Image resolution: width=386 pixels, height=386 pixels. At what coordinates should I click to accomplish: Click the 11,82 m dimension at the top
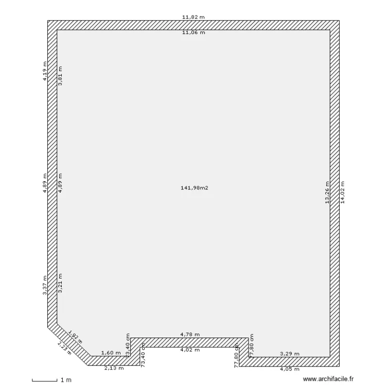pyautogui.click(x=194, y=17)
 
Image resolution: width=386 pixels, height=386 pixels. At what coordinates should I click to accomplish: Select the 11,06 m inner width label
pyautogui.click(x=194, y=32)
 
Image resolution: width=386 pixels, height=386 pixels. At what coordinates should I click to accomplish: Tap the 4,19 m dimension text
pyautogui.click(x=45, y=71)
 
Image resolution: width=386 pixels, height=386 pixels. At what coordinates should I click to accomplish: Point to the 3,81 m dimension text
pyautogui.click(x=60, y=76)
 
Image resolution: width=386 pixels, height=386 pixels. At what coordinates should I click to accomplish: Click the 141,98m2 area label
pyautogui.click(x=195, y=188)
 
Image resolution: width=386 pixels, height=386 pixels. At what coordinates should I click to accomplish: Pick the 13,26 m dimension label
pyautogui.click(x=327, y=192)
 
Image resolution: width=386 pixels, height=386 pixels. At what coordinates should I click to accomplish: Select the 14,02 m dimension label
pyautogui.click(x=342, y=192)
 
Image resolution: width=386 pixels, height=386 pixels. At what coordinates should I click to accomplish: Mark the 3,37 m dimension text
pyautogui.click(x=45, y=285)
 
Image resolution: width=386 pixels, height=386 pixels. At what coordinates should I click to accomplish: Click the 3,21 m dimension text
pyautogui.click(x=60, y=283)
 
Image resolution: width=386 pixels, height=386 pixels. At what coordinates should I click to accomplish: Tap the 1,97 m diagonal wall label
pyautogui.click(x=75, y=338)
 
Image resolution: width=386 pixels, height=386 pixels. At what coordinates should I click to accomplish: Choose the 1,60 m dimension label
pyautogui.click(x=111, y=353)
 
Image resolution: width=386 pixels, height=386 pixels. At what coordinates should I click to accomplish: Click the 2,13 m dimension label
pyautogui.click(x=114, y=368)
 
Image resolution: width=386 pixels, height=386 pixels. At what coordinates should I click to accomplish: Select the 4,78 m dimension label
pyautogui.click(x=190, y=335)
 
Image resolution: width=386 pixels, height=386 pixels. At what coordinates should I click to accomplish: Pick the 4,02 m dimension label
pyautogui.click(x=190, y=350)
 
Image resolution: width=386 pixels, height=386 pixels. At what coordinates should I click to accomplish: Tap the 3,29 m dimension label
pyautogui.click(x=289, y=354)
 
